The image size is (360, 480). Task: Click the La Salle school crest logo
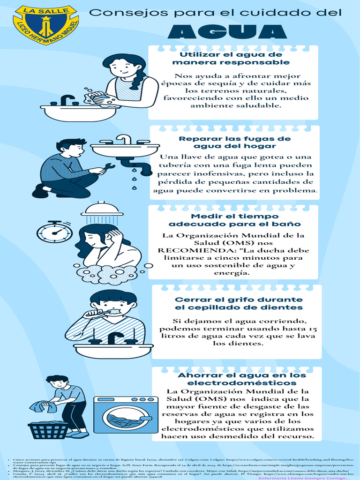pos(45,24)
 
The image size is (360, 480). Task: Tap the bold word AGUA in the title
pos(227,31)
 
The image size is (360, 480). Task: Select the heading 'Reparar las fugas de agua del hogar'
pos(234,142)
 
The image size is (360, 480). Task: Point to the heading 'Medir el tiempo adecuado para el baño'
pos(234,220)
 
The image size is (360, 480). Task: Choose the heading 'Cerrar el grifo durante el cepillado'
pos(238,303)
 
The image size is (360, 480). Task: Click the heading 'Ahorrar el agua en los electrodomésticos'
pos(241,379)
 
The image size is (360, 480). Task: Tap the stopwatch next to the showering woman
pos(54,232)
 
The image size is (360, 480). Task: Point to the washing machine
pos(126,415)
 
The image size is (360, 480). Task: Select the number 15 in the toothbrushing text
pos(313,329)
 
